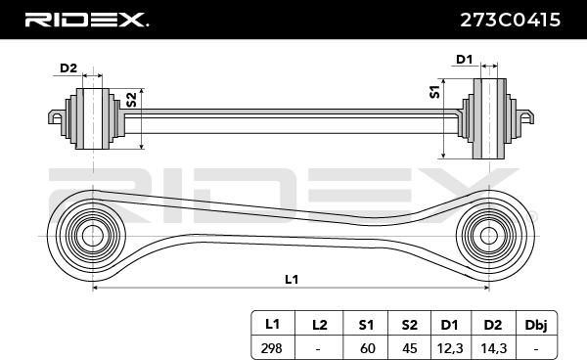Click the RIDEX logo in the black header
coord(87,20)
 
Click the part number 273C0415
coord(510,20)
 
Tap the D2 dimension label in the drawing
coord(68,68)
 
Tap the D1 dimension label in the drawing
coord(464,60)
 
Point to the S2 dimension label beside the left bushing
coord(131,100)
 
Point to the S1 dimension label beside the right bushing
coord(434,92)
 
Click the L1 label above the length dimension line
coord(292,279)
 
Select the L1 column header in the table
coord(273,324)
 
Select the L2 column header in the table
coord(319,324)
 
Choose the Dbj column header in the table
coord(536,324)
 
